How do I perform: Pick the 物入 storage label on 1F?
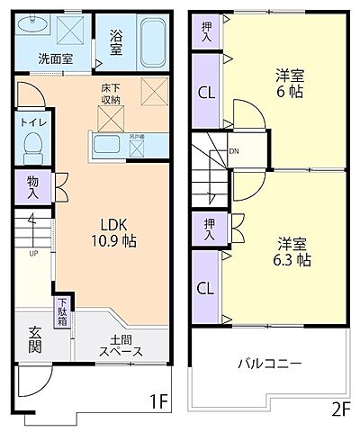pos(33,187)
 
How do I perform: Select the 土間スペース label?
pos(120,346)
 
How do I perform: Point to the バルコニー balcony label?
pos(270,364)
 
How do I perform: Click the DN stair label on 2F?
pos(234,152)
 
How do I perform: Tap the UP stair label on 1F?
pos(34,253)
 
